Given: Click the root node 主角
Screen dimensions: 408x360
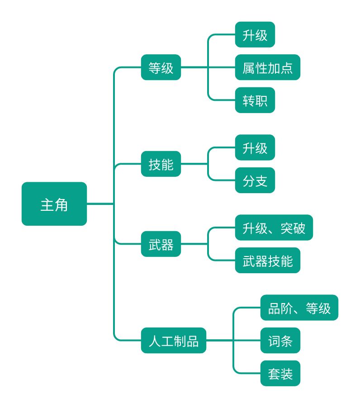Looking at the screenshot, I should (54, 204).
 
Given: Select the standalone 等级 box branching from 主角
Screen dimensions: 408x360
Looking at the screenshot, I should (161, 67).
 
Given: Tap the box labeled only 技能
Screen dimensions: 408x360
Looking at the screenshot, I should (161, 164).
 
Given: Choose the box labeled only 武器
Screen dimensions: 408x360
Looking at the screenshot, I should (161, 244).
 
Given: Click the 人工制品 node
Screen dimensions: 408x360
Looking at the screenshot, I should (174, 340).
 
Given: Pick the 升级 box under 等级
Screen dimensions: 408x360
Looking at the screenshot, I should (255, 35).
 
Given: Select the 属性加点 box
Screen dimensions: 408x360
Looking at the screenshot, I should (267, 67).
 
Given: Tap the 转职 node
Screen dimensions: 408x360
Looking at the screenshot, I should (255, 100).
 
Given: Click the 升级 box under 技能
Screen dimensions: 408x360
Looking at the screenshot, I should (255, 147).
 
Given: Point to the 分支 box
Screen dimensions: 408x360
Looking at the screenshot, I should (255, 180).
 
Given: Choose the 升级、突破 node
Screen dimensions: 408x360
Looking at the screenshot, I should (274, 228).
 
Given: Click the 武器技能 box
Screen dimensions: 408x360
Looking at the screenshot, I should (267, 261).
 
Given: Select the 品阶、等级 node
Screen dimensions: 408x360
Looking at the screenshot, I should (299, 308).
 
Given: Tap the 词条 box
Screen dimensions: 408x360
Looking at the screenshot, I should (280, 341).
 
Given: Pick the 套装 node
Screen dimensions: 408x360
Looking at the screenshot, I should (280, 373).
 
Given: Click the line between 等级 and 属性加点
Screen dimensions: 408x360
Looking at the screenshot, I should (194, 67).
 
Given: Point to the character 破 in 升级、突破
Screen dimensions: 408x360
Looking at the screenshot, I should (299, 228).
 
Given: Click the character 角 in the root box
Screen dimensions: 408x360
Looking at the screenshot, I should (61, 204).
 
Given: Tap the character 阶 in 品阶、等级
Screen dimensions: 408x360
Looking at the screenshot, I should (286, 308).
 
